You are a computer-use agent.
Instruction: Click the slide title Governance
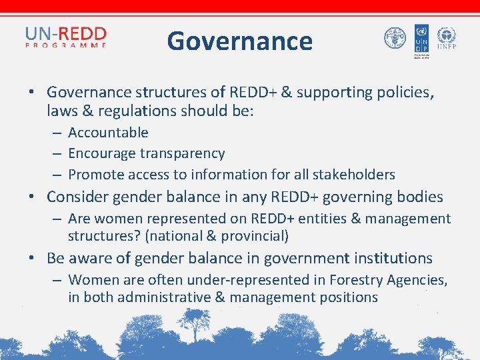coord(239,41)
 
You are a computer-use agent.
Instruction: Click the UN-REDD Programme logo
coord(65,37)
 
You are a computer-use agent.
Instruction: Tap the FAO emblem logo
coord(395,38)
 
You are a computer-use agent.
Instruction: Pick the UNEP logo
coord(445,38)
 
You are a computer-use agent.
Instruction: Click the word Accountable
coord(108,133)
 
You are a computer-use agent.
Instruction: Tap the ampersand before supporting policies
coord(287,92)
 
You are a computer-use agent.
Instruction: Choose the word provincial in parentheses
coord(257,236)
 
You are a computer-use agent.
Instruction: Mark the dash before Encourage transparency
coord(57,154)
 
